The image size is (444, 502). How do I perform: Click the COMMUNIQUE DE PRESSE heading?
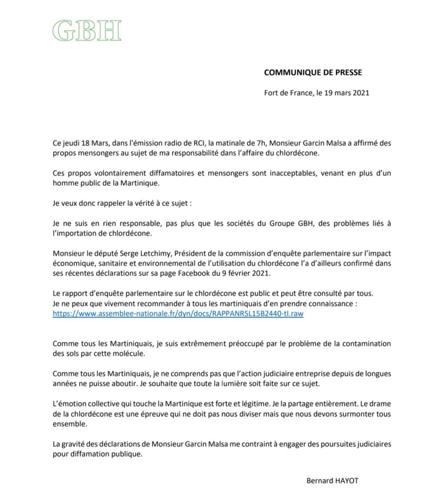click(x=313, y=73)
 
